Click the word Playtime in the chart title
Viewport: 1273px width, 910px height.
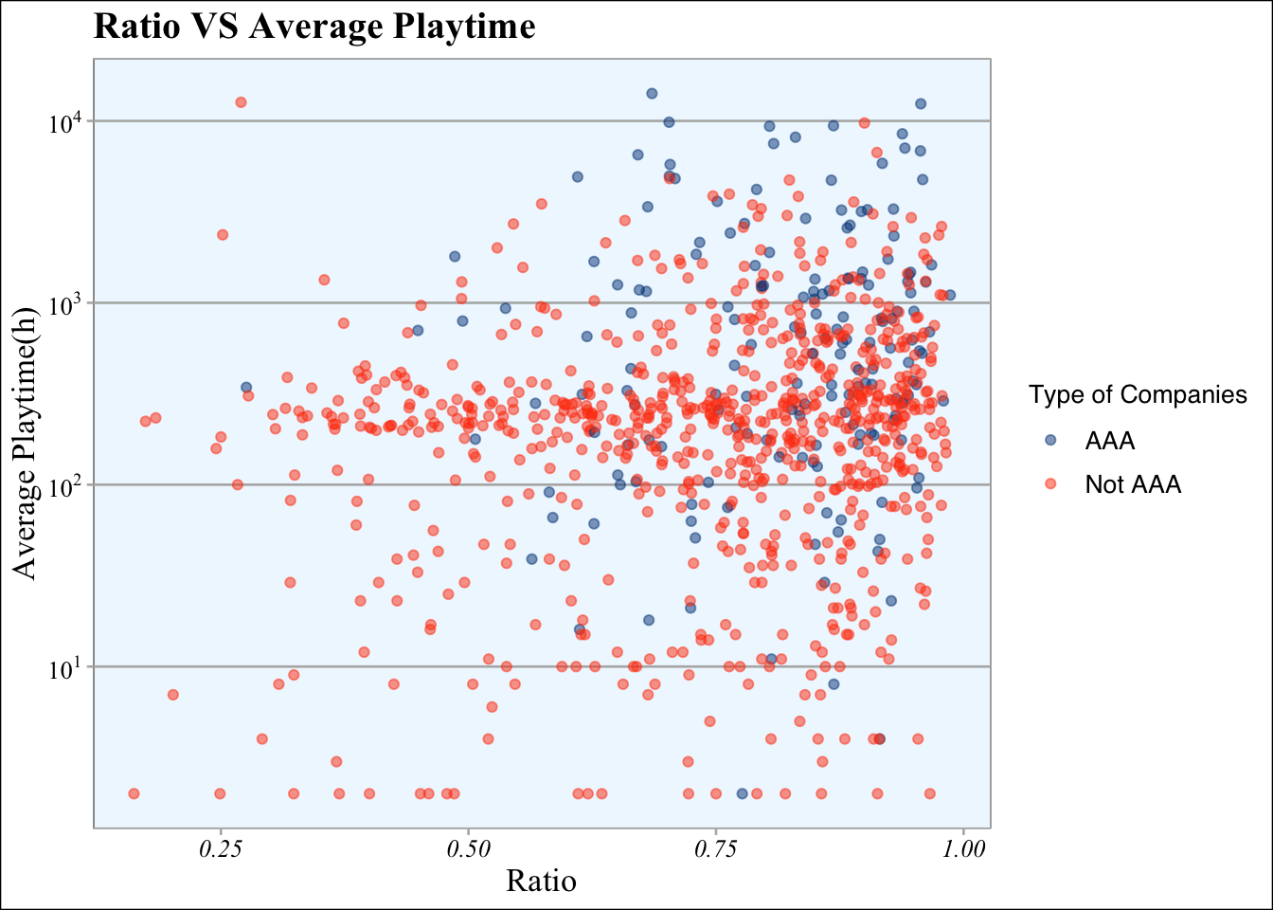tap(464, 27)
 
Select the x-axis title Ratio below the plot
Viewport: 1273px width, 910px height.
tap(541, 881)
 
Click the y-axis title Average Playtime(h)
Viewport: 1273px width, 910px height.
tap(25, 444)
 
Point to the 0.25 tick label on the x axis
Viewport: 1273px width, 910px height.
tap(220, 849)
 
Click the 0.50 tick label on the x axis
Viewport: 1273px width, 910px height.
tap(468, 849)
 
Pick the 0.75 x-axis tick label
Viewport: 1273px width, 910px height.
tap(715, 849)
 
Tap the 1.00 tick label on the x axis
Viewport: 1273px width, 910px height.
tap(963, 849)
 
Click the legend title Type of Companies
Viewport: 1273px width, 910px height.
tap(1138, 394)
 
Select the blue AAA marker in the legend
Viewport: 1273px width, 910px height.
tap(1050, 440)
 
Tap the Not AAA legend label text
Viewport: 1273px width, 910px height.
tap(1133, 484)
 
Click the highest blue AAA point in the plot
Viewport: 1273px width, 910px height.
tap(652, 93)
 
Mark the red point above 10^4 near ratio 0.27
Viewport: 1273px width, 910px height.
tap(241, 102)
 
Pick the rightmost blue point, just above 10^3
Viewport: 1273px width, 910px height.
tap(950, 295)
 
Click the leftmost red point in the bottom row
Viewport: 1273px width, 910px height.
tap(134, 793)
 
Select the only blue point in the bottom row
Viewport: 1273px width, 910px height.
tap(743, 793)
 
